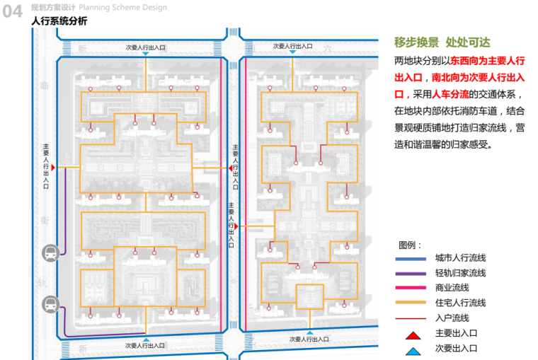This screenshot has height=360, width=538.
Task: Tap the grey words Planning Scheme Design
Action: click(123, 8)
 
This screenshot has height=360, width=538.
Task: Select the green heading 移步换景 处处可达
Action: click(442, 42)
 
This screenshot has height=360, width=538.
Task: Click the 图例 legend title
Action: click(411, 245)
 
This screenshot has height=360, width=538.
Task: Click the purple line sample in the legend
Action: click(412, 273)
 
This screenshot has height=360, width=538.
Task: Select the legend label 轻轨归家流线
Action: click(460, 273)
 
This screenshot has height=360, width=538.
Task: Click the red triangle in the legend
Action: click(413, 332)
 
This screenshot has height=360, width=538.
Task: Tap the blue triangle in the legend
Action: click(413, 348)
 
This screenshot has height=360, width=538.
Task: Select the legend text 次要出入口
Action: click(456, 348)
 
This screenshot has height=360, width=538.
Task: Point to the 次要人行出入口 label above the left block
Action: click(145, 47)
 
